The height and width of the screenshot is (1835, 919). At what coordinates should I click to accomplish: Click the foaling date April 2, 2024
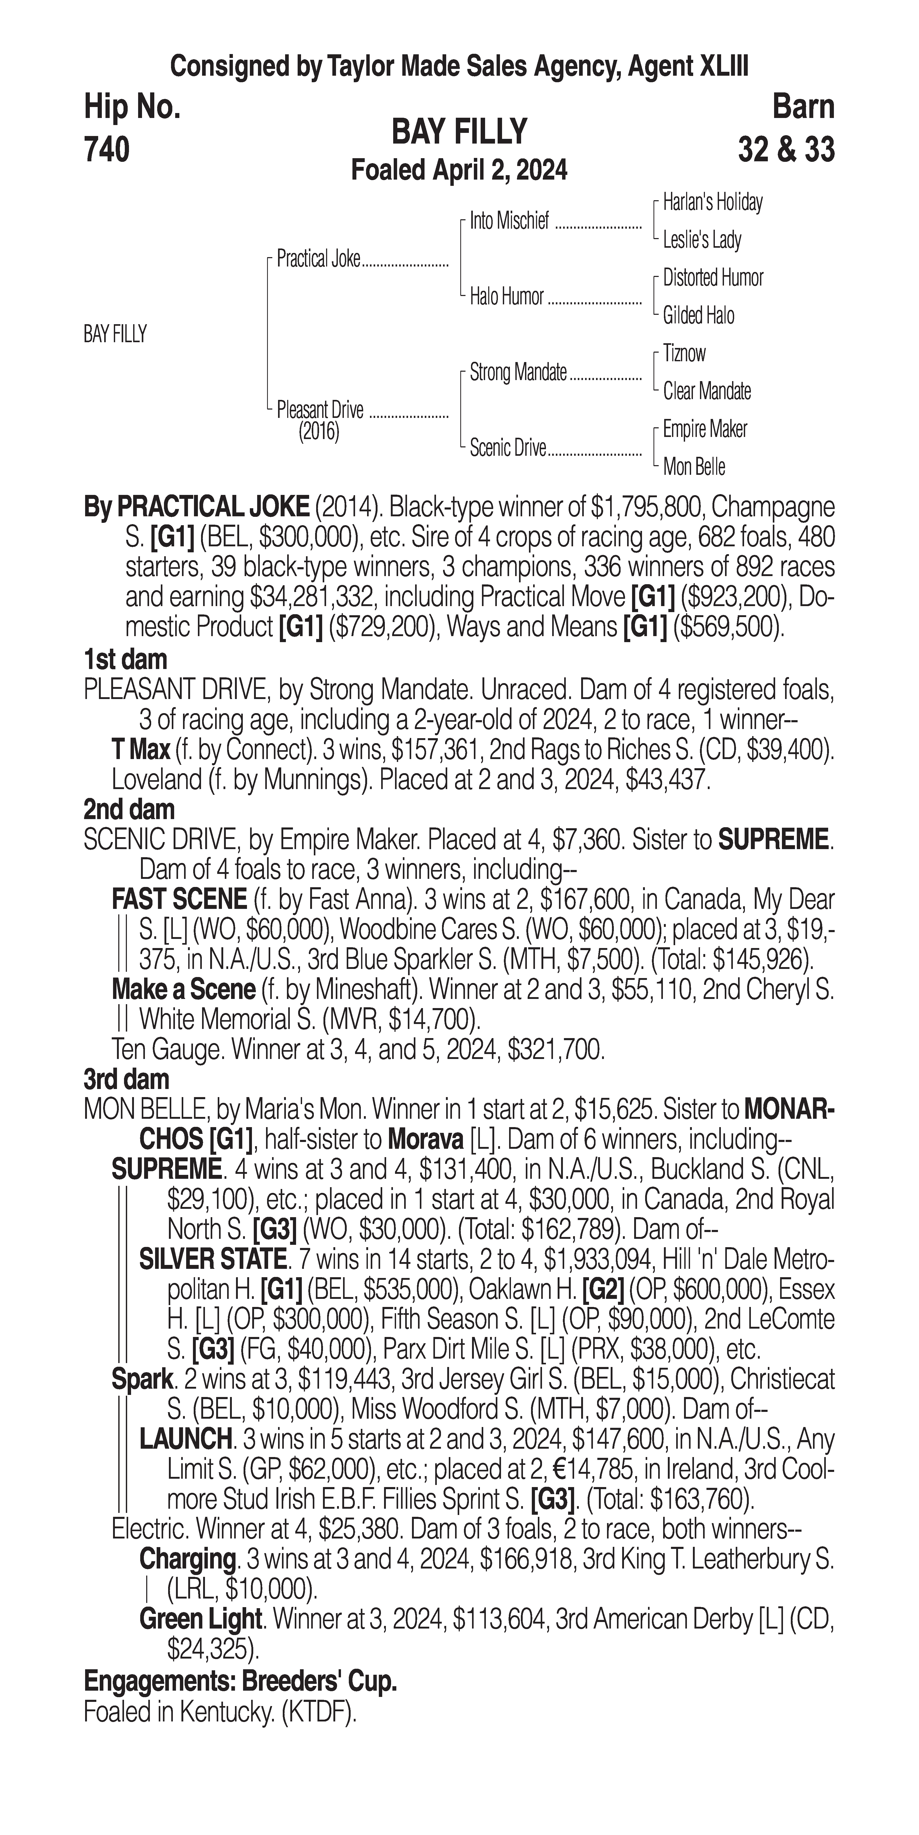[x=460, y=170]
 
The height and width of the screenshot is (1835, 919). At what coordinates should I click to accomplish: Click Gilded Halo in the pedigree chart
[x=698, y=316]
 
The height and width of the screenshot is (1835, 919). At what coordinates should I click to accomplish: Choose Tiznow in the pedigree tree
[x=684, y=353]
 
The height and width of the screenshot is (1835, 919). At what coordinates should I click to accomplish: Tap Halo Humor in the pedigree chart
[x=506, y=296]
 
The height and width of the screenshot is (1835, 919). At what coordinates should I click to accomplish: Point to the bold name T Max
[x=140, y=749]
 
